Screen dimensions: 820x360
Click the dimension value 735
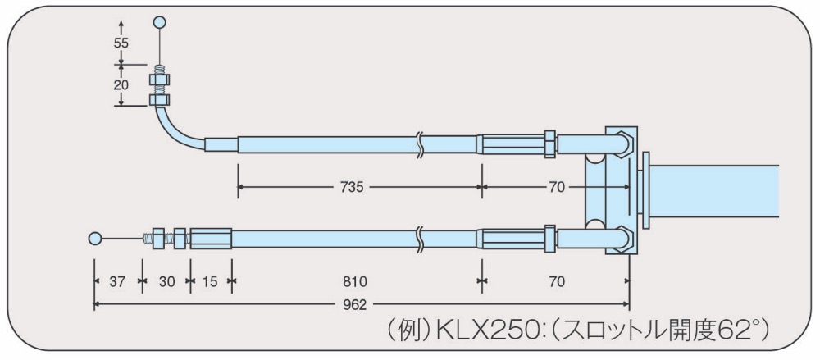click(x=352, y=187)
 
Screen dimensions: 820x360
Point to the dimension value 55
click(x=121, y=43)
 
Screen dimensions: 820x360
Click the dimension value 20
click(x=121, y=85)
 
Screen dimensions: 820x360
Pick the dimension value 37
click(x=117, y=282)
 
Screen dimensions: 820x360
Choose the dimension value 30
click(x=166, y=282)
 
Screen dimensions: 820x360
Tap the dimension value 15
click(x=210, y=282)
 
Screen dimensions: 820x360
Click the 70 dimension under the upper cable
click(x=558, y=187)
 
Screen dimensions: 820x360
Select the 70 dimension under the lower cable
click(x=558, y=282)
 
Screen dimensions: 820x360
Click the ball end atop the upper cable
click(x=160, y=22)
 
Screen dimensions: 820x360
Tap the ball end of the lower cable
click(x=94, y=239)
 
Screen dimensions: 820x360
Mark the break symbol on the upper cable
click(x=418, y=144)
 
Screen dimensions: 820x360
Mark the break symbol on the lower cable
click(x=418, y=239)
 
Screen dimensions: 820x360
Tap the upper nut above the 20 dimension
click(x=160, y=80)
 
